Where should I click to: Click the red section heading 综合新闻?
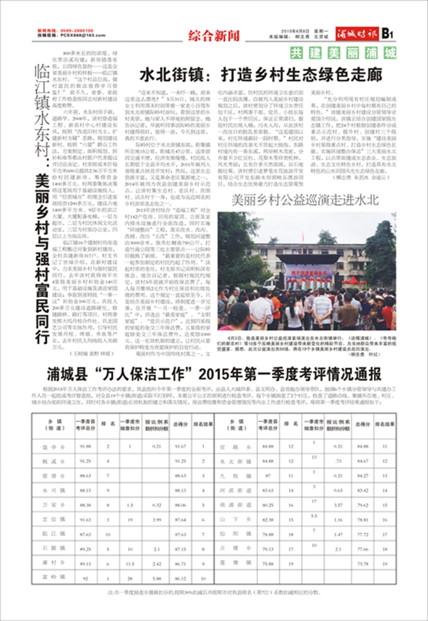click(214, 35)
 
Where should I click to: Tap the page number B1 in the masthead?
click(387, 34)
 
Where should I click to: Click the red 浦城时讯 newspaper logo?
click(357, 34)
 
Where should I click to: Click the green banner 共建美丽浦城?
click(343, 53)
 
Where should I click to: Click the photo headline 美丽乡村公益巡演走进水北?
click(305, 200)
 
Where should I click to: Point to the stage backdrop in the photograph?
click(309, 274)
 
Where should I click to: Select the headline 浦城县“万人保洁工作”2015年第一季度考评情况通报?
click(214, 374)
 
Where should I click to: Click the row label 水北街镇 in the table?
click(236, 461)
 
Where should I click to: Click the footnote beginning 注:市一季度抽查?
click(214, 592)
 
